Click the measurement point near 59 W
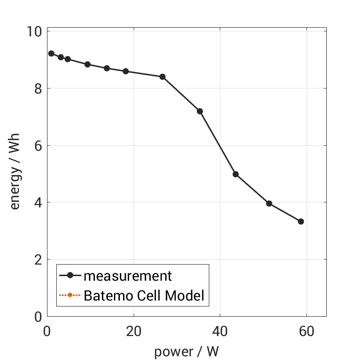tap(301, 221)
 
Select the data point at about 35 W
tap(200, 111)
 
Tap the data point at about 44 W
tap(236, 174)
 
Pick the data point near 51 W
tap(269, 203)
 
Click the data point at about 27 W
tap(162, 77)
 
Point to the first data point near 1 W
tap(51, 53)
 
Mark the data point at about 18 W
tap(125, 71)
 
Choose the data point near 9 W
tap(87, 65)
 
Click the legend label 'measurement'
tap(128, 276)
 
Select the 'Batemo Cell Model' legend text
tap(144, 295)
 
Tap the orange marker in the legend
tap(70, 295)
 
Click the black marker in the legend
tap(70, 276)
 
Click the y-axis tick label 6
tap(37, 146)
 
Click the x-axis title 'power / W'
tap(186, 352)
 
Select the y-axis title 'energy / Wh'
tap(15, 174)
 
